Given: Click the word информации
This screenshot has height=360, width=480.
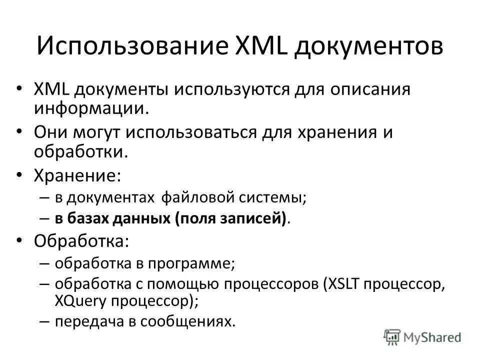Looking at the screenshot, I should (x=90, y=108).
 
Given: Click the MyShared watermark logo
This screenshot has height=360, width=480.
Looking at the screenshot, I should (x=422, y=336).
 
